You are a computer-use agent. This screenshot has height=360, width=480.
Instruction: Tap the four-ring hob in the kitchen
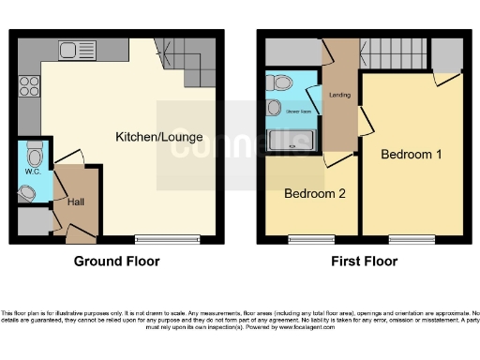click(x=28, y=85)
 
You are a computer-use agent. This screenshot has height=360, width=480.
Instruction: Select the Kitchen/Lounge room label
click(x=158, y=137)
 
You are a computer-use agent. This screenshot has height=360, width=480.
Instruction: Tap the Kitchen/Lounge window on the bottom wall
click(x=167, y=239)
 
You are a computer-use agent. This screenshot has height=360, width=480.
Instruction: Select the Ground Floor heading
click(x=116, y=262)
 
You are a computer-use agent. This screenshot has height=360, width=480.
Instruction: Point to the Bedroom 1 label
click(x=412, y=155)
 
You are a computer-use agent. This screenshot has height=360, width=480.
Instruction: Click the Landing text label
click(x=338, y=94)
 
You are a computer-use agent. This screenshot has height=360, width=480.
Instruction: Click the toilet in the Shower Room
click(x=280, y=83)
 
